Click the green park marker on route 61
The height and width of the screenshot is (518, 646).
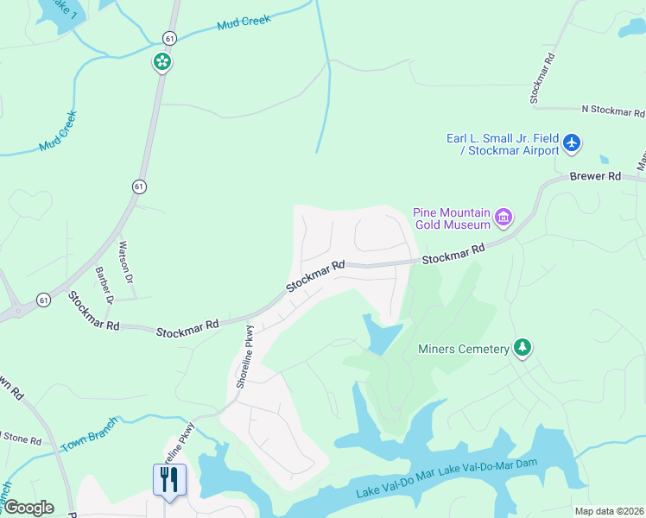[x=161, y=61]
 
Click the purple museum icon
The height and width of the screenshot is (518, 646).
[x=503, y=218]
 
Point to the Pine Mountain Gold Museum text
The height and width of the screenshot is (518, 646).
[x=451, y=218]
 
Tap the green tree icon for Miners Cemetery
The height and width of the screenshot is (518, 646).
[x=522, y=348]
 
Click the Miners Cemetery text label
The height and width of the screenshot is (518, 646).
[x=462, y=350]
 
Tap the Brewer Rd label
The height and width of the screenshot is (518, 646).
[x=595, y=176]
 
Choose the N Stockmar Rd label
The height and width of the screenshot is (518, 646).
[x=612, y=111]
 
